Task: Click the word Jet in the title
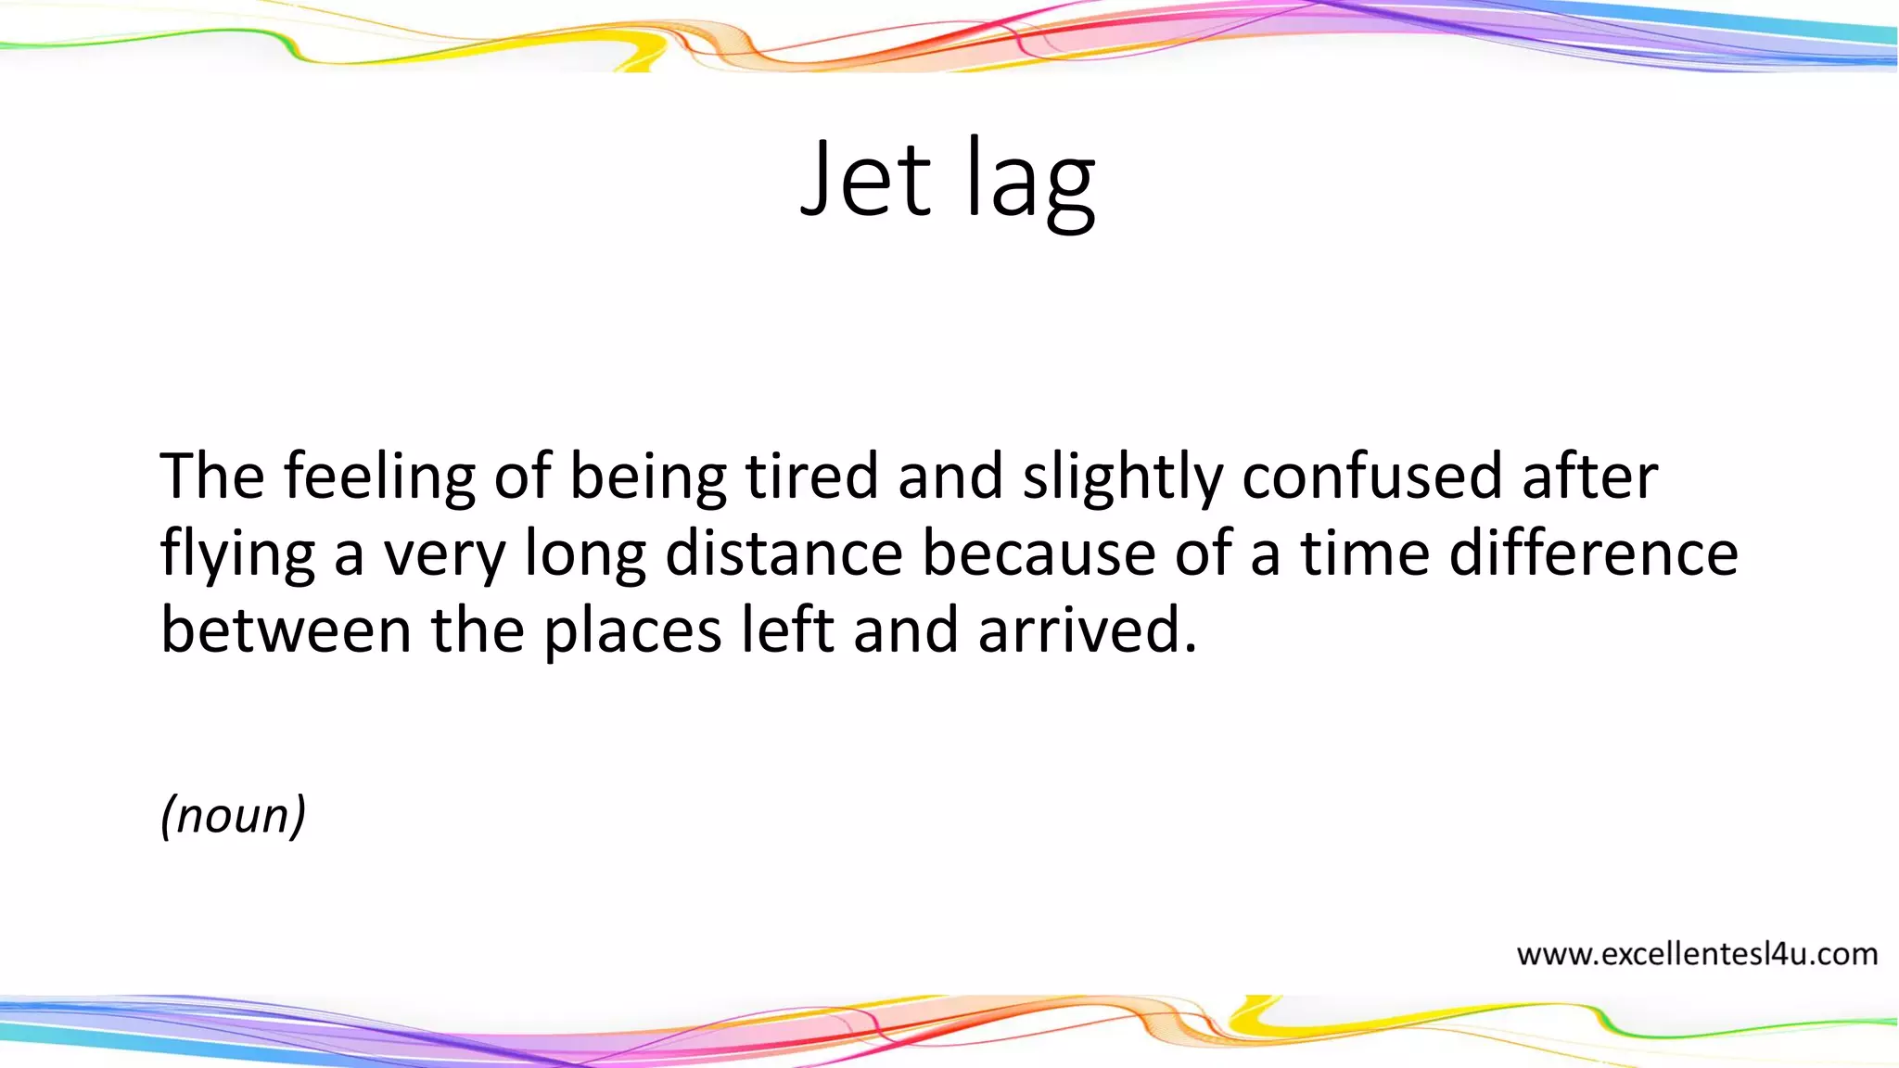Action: pos(865,178)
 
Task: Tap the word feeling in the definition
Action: pos(379,477)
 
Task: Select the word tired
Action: pos(811,477)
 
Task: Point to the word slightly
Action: pos(1122,478)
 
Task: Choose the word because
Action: pos(1039,554)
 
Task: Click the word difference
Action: pos(1593,554)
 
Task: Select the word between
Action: pos(286,630)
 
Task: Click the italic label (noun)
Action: pos(233,816)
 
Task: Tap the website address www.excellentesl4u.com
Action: pos(1697,954)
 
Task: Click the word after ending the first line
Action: pos(1589,477)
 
